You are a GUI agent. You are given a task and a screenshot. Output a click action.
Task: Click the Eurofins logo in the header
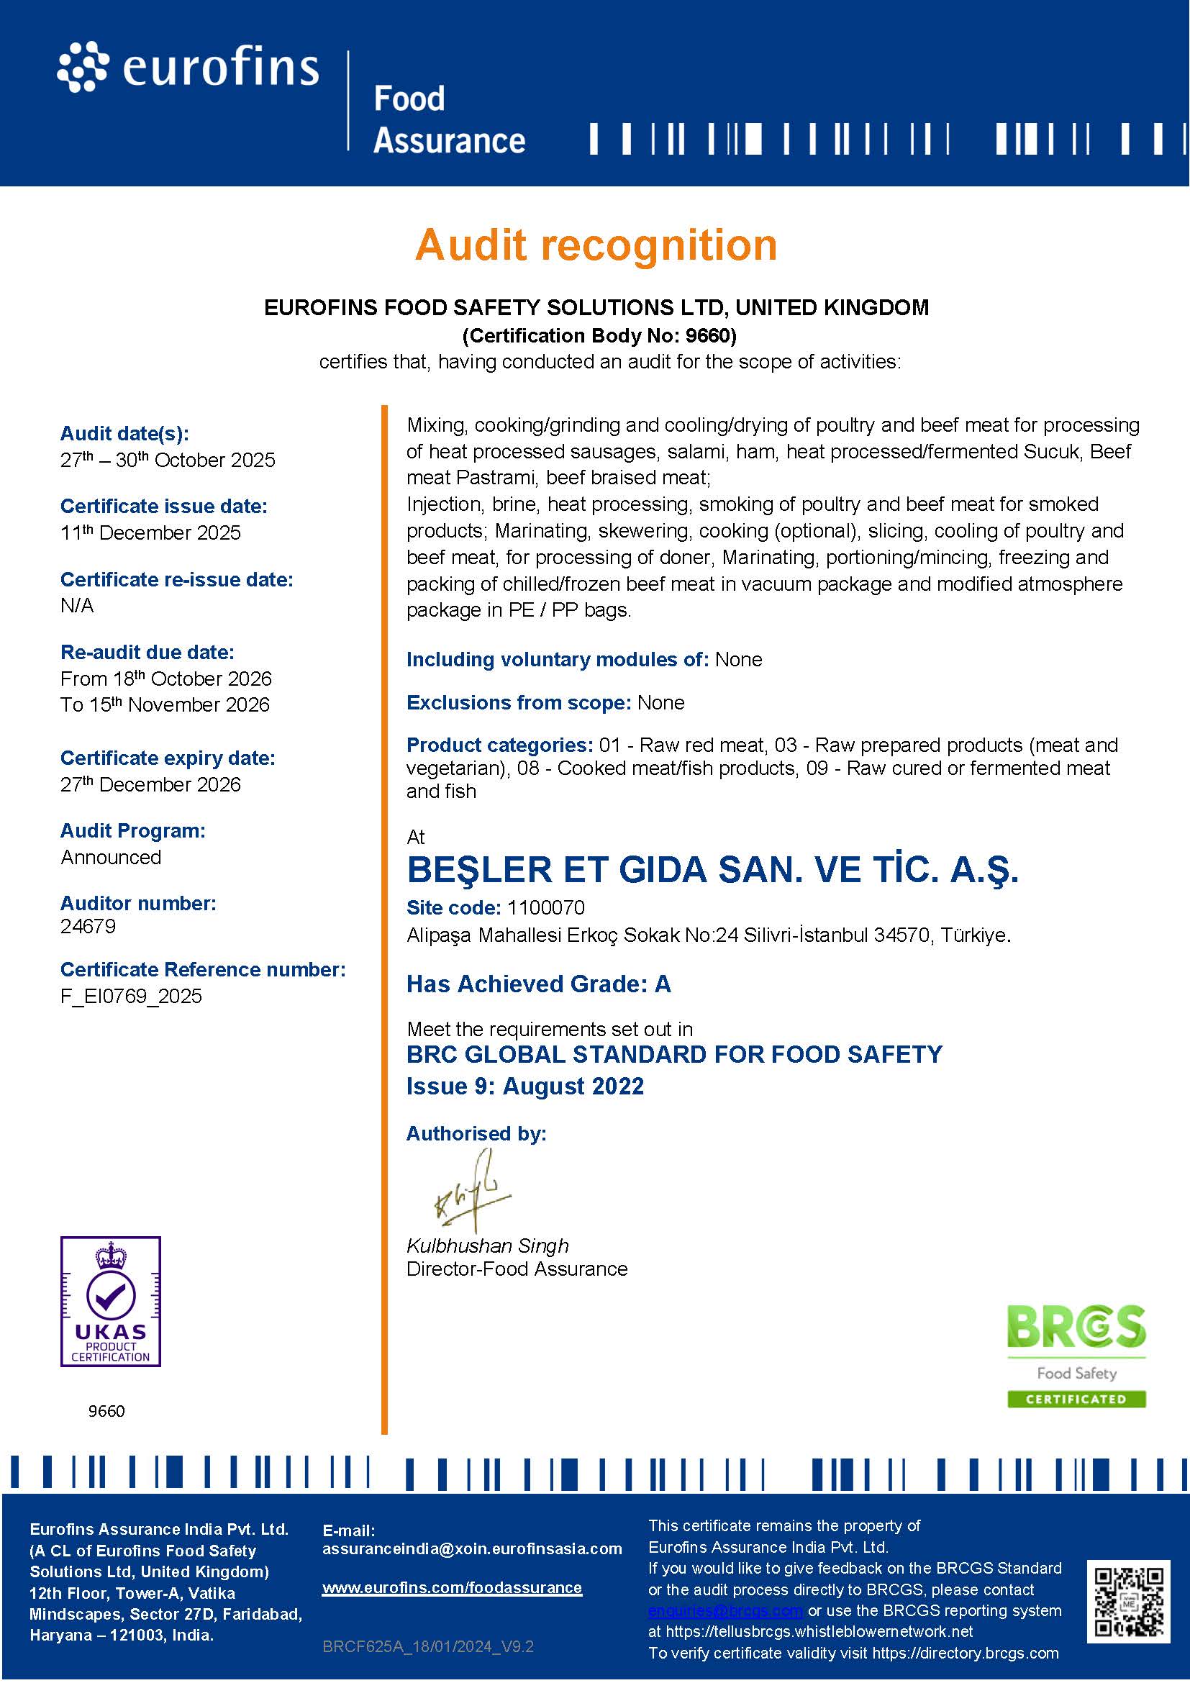coord(189,69)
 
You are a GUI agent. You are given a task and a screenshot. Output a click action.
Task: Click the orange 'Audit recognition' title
coord(596,245)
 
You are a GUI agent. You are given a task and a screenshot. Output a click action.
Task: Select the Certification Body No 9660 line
coord(599,336)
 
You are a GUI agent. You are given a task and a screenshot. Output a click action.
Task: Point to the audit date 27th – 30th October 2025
coord(168,461)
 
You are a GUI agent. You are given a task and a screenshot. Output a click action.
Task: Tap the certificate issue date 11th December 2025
coord(150,533)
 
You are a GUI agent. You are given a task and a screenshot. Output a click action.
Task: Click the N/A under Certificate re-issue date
coord(77,606)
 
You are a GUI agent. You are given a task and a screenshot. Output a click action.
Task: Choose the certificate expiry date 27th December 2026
coord(150,785)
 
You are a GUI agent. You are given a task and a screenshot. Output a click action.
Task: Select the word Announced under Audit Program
coord(111,858)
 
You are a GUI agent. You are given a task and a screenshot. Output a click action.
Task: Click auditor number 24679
coord(88,927)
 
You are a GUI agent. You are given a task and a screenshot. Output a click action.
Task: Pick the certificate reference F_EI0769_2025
coord(131,996)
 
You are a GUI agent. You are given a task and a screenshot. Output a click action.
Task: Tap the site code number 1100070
coord(546,908)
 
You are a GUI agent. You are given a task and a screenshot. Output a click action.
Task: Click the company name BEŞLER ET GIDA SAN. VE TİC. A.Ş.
coord(712,870)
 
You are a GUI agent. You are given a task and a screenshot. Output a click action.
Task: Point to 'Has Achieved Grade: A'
coord(539,984)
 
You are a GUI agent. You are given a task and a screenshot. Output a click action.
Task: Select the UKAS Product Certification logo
coord(111,1301)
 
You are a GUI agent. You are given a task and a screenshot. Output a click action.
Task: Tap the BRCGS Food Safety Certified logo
coord(1076,1356)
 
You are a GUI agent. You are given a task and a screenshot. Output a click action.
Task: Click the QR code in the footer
coord(1127,1602)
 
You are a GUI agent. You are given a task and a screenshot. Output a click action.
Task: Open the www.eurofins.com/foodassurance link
coord(452,1589)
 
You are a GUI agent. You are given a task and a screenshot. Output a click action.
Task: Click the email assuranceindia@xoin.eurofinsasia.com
coord(472,1549)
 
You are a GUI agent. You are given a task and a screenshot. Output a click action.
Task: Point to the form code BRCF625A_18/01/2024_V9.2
coord(428,1646)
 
